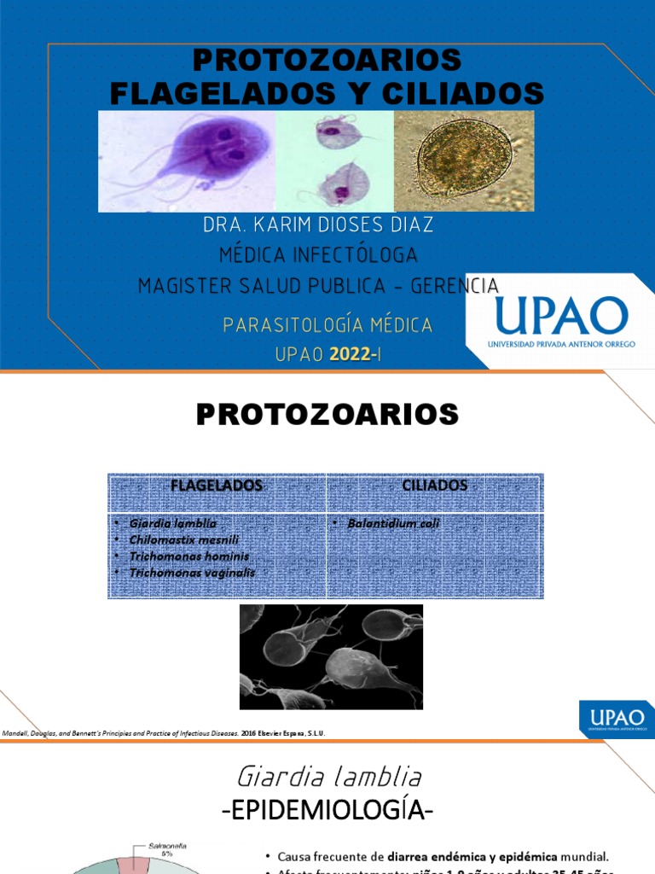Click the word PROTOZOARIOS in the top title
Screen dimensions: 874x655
click(327, 61)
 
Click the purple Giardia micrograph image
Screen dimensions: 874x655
click(188, 160)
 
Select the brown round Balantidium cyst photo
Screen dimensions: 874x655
click(463, 160)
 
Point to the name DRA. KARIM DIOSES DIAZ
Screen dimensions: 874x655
click(318, 225)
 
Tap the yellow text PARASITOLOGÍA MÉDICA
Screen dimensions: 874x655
click(327, 325)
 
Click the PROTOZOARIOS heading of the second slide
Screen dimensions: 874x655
click(327, 415)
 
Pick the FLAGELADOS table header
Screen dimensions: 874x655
click(217, 486)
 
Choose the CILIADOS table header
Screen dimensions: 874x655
click(435, 486)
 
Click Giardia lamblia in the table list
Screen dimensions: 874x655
click(173, 523)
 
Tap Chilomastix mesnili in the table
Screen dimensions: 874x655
click(183, 539)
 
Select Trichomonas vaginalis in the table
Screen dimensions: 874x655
click(192, 573)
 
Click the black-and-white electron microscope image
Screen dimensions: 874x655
click(331, 656)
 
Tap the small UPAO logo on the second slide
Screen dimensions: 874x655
click(616, 718)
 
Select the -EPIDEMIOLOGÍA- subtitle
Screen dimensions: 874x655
click(327, 810)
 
